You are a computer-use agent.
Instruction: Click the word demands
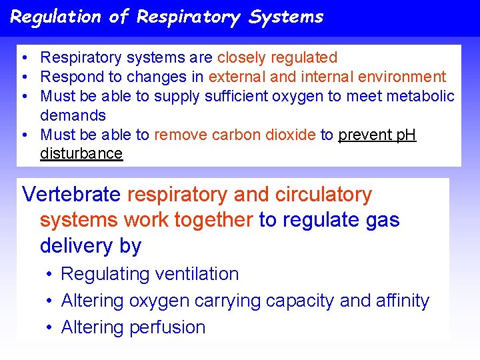[73, 115]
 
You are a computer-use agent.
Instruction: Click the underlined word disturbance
[81, 153]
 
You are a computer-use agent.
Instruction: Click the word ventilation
[197, 274]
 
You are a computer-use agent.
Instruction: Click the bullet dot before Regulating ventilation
[50, 275]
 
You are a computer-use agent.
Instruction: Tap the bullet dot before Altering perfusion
[50, 328]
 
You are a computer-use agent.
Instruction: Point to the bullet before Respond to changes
[24, 77]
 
